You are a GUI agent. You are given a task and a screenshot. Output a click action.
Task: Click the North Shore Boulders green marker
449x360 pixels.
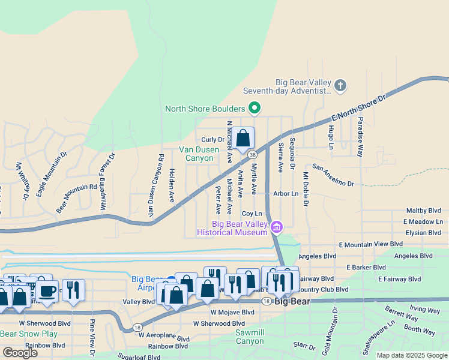(x=255, y=109)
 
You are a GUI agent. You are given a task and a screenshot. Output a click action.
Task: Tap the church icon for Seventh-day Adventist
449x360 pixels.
(x=340, y=85)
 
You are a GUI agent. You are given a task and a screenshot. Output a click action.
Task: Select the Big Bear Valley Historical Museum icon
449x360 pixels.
(x=276, y=227)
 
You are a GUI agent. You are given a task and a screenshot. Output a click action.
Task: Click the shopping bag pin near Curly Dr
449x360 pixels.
(x=243, y=139)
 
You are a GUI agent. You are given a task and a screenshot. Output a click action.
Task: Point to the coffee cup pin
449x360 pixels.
(x=47, y=291)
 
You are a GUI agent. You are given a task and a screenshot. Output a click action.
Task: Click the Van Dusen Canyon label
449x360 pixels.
(x=196, y=154)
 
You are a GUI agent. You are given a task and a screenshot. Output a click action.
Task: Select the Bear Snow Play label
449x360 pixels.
(x=29, y=334)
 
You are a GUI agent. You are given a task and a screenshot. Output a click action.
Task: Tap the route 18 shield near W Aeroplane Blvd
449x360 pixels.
(x=138, y=328)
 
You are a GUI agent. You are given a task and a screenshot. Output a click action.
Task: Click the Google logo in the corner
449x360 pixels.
(x=20, y=352)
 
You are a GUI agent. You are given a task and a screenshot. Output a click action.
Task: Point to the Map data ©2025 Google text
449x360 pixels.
(x=412, y=355)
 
